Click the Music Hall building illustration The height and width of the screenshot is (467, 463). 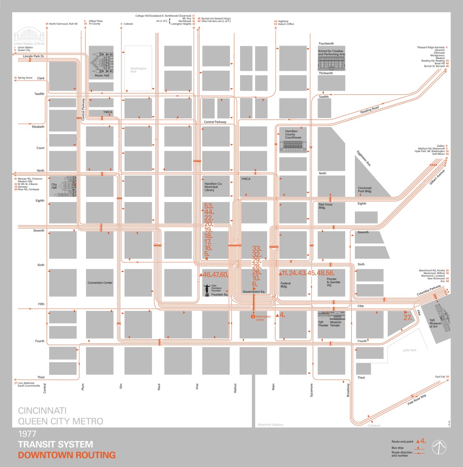(x=102, y=62)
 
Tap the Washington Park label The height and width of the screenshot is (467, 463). (x=138, y=70)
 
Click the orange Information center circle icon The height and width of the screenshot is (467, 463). (x=253, y=316)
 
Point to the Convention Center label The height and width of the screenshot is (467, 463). (x=100, y=283)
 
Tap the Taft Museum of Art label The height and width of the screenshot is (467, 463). (x=435, y=323)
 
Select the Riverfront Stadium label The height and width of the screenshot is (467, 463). (x=270, y=425)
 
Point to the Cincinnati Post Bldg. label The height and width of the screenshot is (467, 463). (x=364, y=189)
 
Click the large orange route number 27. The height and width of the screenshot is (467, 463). (x=407, y=317)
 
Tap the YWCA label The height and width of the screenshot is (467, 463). (x=246, y=179)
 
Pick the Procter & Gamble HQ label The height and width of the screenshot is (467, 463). (x=334, y=282)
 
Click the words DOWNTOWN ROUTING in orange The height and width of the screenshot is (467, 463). (x=67, y=455)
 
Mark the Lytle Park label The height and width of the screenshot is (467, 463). (x=409, y=350)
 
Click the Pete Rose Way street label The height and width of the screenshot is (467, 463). (x=417, y=400)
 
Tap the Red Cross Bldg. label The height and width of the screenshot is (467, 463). (x=325, y=206)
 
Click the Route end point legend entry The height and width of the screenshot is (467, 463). (x=402, y=441)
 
